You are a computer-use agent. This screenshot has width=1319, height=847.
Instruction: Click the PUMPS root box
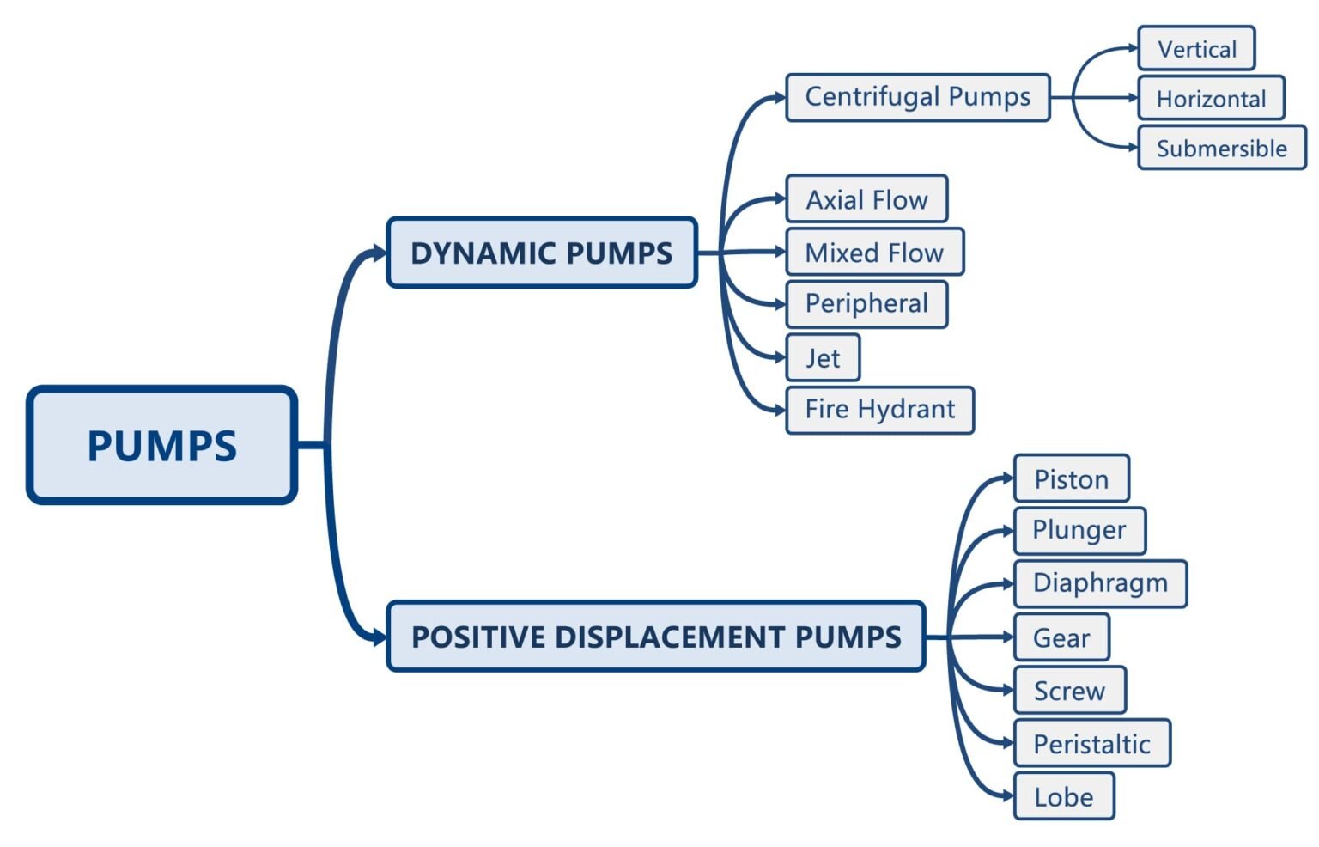(x=161, y=445)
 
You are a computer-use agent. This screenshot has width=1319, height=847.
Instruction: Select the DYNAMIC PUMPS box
(x=541, y=253)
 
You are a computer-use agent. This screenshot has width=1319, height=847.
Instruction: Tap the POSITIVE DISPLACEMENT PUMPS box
(x=655, y=637)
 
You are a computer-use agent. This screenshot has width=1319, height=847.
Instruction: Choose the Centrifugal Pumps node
(x=917, y=97)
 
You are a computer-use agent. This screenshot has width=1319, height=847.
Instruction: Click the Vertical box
(x=1196, y=49)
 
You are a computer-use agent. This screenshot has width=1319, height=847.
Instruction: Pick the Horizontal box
(x=1211, y=99)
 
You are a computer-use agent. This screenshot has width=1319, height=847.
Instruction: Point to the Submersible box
(x=1221, y=149)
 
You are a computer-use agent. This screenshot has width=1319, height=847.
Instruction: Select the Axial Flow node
(x=866, y=199)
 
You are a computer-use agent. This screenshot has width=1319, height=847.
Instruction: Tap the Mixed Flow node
(x=874, y=253)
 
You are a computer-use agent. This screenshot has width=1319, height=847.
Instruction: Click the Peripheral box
(x=866, y=304)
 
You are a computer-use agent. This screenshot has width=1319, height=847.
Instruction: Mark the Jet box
(x=823, y=357)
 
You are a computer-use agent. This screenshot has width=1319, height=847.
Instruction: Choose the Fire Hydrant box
(x=879, y=410)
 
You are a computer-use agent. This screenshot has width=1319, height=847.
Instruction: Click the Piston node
(x=1071, y=478)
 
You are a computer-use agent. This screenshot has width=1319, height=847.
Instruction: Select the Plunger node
(x=1079, y=531)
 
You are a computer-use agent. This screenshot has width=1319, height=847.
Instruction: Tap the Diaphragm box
(x=1100, y=584)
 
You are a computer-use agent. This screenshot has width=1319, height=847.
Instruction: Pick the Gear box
(x=1061, y=637)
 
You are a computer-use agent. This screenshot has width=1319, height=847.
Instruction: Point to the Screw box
(x=1069, y=691)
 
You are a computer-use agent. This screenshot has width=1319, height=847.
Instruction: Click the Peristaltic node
(x=1091, y=744)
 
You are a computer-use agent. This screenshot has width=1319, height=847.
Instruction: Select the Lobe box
(x=1063, y=796)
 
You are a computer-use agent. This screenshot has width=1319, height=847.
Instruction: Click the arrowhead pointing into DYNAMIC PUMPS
(x=378, y=253)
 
